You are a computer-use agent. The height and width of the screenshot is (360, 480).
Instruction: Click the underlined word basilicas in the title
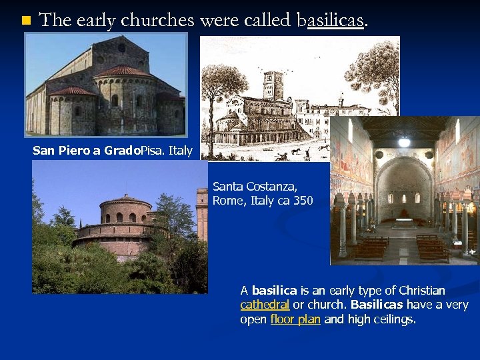[x=331, y=21]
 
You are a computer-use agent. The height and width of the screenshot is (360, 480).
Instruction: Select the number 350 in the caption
[x=302, y=200]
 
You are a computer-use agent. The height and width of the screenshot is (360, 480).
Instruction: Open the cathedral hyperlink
[x=265, y=305]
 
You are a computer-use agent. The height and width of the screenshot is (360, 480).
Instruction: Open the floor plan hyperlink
[x=295, y=319]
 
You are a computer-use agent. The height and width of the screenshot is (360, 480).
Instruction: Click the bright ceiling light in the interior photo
[x=404, y=141]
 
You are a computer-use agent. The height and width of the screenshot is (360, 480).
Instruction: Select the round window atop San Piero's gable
[x=121, y=47]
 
